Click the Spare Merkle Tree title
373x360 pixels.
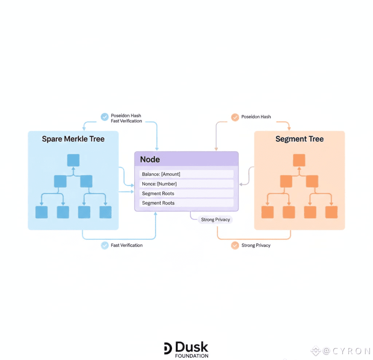point(73,139)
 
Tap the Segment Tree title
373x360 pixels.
point(299,139)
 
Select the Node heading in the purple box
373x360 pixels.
point(150,160)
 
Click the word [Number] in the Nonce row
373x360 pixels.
point(167,184)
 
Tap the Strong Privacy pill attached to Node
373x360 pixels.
point(215,220)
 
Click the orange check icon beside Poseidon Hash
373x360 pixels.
point(235,117)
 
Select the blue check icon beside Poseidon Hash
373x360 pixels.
point(105,117)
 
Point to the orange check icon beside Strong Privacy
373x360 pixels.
point(235,246)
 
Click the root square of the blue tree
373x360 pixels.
point(73,160)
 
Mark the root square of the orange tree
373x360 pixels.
point(299,160)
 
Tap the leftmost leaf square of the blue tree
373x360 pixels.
point(42,212)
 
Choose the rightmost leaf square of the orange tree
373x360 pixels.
point(331,212)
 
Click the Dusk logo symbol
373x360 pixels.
point(168,348)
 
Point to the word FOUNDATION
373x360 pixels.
point(192,356)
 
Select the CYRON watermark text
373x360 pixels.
point(346,351)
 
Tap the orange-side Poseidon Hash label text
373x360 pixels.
point(256,117)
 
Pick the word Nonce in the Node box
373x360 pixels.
point(149,184)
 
